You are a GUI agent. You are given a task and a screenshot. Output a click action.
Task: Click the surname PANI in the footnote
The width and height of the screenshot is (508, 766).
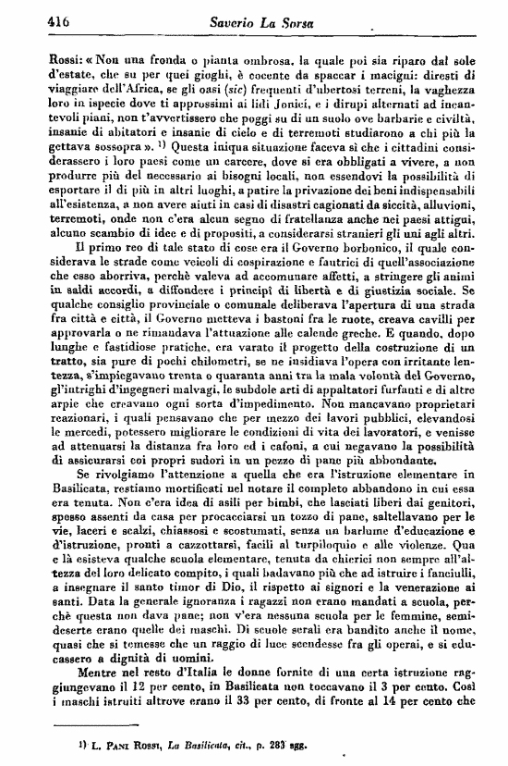78,745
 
